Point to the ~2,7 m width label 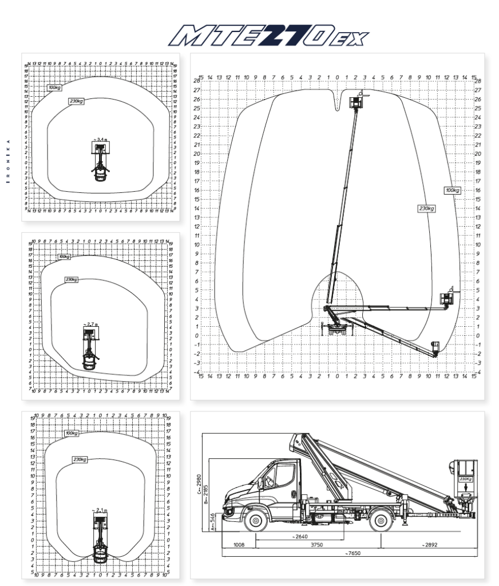(x=90, y=324)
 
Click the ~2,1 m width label (x=100, y=509)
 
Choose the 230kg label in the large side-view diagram (x=426, y=209)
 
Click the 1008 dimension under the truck (x=239, y=545)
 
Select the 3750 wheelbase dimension (x=316, y=545)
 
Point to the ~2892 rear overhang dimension (x=430, y=545)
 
